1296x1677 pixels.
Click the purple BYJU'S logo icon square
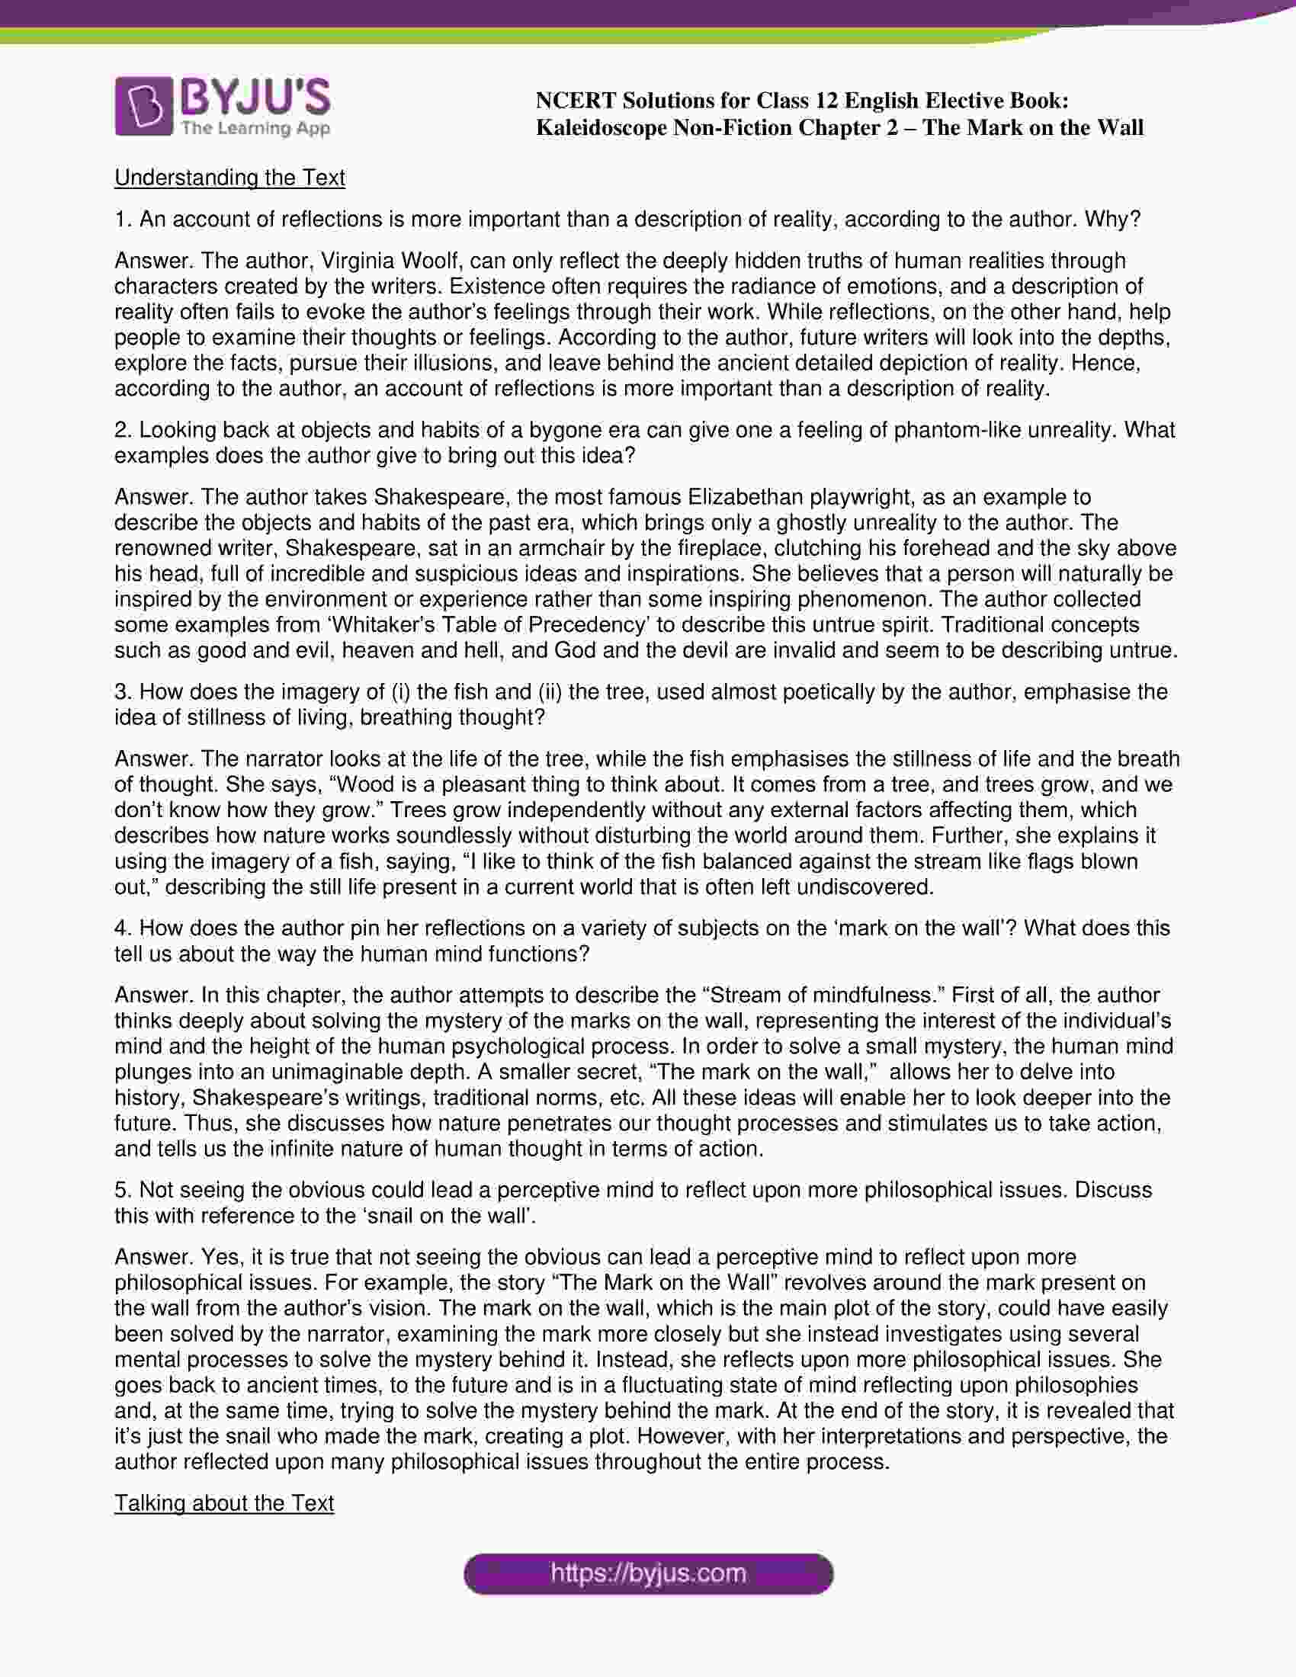click(x=143, y=107)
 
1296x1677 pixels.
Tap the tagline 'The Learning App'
click(x=255, y=128)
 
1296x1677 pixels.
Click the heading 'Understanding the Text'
click(x=229, y=178)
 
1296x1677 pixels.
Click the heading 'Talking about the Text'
click(x=224, y=1502)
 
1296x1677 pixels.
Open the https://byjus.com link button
click(x=648, y=1573)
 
